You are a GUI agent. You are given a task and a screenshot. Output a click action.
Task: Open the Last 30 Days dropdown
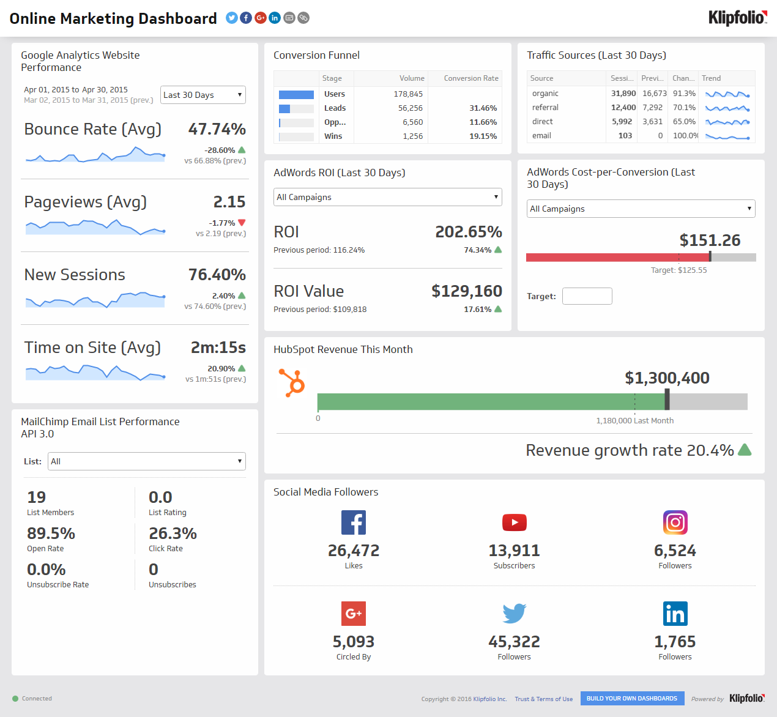coord(203,95)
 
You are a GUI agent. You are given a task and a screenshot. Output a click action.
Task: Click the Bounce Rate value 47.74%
coord(217,129)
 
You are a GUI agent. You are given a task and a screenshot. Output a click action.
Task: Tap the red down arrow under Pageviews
coord(242,223)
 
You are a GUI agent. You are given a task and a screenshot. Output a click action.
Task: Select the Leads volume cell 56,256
coord(409,108)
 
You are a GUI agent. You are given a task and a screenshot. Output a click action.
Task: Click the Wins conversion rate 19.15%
coord(483,136)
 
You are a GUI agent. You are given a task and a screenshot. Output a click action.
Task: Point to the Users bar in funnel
coord(296,95)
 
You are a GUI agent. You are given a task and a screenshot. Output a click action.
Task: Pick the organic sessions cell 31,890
coord(623,94)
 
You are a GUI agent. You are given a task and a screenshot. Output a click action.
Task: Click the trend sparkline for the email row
coord(727,136)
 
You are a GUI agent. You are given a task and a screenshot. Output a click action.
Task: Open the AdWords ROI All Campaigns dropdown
coord(387,197)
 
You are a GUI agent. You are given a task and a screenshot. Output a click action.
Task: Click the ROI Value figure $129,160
coord(466,291)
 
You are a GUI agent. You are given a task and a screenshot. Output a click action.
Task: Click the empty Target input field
coord(587,296)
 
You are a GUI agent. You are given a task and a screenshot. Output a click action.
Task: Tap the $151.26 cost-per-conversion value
coord(710,240)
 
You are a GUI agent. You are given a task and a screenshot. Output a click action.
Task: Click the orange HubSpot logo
coord(292,382)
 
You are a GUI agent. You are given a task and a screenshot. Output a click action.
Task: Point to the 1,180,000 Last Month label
coord(634,421)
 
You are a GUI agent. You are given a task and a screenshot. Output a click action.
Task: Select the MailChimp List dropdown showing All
coord(146,461)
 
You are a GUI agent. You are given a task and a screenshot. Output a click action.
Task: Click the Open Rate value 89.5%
coord(51,533)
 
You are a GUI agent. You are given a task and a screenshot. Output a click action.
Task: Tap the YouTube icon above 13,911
coord(514,522)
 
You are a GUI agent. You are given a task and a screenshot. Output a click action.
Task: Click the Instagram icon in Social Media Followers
coord(675,522)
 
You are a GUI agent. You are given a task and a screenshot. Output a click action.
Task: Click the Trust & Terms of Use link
coord(543,699)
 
